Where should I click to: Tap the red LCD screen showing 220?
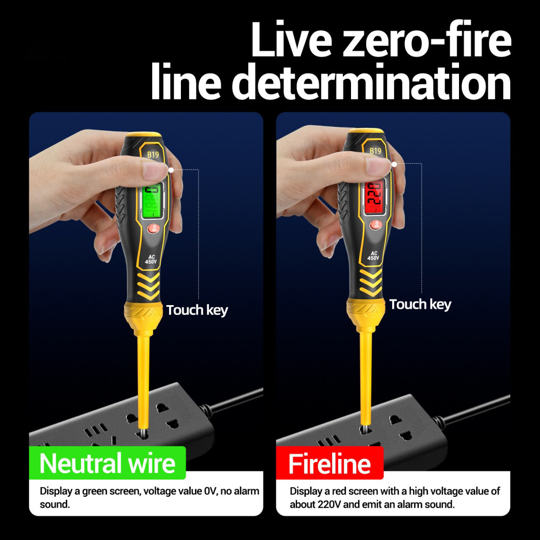tap(374, 197)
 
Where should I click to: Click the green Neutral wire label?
tap(107, 463)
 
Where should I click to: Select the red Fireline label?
tap(329, 463)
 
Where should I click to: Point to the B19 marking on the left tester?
tap(153, 154)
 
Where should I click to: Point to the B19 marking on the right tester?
tap(375, 151)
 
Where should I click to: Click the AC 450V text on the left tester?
tap(151, 259)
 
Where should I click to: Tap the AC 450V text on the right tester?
tap(373, 255)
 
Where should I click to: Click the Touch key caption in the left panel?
tap(197, 310)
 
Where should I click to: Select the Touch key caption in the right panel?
tap(420, 305)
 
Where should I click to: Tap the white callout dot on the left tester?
tap(171, 170)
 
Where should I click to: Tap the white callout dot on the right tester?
tap(394, 164)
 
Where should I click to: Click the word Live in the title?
tap(292, 39)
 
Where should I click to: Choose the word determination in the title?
tap(372, 82)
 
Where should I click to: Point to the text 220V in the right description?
tap(329, 504)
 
